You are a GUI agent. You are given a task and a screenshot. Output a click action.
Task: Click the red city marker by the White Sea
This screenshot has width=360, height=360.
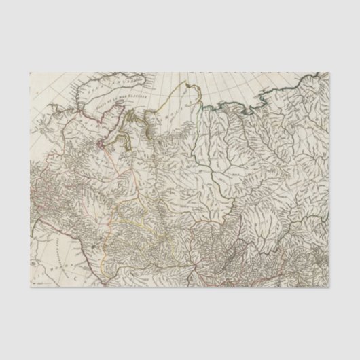pyautogui.click(x=102, y=144)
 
